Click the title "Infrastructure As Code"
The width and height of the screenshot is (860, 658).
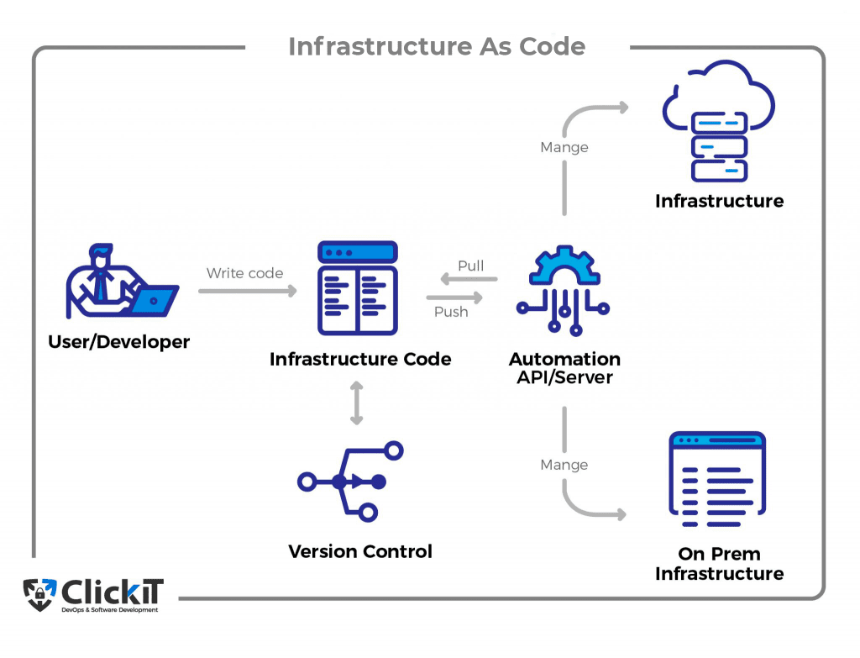(437, 47)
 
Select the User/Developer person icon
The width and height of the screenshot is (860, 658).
(123, 281)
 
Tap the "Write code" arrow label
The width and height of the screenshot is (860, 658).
(244, 273)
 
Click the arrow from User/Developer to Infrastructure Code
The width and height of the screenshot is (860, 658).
(248, 290)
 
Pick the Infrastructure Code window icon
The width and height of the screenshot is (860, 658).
(358, 288)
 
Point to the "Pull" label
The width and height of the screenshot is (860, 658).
(470, 266)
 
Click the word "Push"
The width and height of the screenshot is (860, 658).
(451, 312)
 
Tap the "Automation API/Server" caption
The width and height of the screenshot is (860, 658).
(564, 368)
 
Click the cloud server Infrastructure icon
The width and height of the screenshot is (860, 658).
(719, 121)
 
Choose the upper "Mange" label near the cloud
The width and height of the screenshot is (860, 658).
(564, 147)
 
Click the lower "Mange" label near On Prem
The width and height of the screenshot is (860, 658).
(564, 465)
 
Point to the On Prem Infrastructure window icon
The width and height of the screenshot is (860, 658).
(717, 479)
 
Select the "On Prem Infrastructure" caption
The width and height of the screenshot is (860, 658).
(719, 564)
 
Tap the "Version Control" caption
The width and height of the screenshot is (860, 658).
(360, 551)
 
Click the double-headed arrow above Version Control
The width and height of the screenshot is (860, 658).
(356, 403)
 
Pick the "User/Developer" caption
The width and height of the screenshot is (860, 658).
(119, 342)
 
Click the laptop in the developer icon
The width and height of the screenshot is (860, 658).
(155, 300)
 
